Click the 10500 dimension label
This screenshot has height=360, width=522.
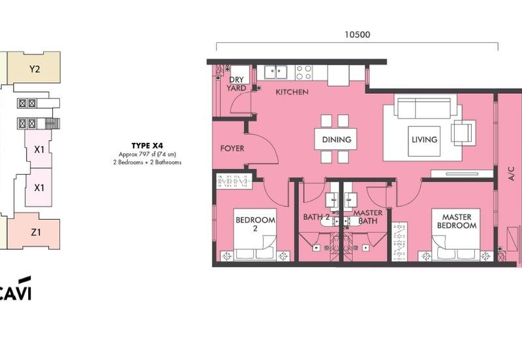coord(357,35)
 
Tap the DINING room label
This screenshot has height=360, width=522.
coord(337,140)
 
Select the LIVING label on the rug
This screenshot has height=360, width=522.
coord(425,140)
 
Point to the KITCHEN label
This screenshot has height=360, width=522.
coord(292,92)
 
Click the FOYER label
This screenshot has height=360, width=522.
coord(232,149)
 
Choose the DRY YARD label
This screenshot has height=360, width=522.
coord(236,84)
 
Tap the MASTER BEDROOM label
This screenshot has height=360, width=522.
coord(456,221)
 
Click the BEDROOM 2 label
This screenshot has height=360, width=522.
coord(255,224)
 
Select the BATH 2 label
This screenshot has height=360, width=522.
coord(316,217)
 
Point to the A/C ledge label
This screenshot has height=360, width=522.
coord(512,173)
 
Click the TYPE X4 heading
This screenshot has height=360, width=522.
coord(147,145)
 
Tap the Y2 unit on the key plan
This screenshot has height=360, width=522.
coord(34,68)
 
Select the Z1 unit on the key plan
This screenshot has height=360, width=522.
coord(34,232)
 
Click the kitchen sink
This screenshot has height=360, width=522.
coord(275,72)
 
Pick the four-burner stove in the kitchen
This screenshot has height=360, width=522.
coord(303,72)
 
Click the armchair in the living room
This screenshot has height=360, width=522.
coord(462,132)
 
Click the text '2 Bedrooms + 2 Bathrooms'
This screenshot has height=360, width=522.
coord(147,162)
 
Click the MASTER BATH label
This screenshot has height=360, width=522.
coord(368,217)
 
